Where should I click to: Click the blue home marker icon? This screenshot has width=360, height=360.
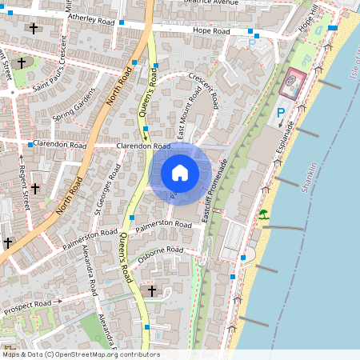pos(180,172)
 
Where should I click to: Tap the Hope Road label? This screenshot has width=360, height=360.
pos(211,31)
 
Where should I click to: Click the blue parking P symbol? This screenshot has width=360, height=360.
pos(281,114)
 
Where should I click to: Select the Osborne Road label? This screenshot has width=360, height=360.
pos(161,250)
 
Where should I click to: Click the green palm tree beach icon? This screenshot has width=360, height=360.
pos(262,214)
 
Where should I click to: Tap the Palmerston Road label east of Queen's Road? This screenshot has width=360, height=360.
pos(166,228)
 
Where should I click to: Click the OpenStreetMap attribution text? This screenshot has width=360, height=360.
pos(81,354)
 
